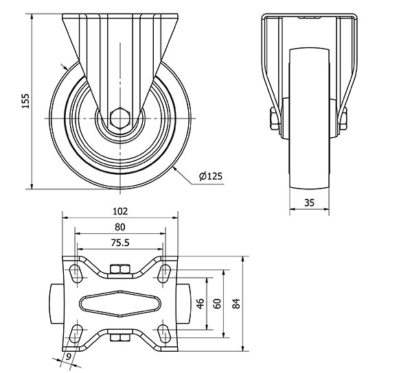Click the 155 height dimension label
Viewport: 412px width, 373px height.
25,101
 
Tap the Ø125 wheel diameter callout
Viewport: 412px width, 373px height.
211,176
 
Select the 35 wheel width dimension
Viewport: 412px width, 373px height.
309,202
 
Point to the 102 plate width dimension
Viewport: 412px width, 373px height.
120,211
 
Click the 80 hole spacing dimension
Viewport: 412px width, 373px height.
119,227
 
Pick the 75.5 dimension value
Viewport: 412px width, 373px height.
120,243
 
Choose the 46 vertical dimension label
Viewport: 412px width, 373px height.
201,304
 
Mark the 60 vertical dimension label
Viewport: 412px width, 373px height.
217,304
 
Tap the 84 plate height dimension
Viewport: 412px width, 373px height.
236,304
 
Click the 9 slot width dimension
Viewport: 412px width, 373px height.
69,357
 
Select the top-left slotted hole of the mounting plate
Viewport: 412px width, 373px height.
76,274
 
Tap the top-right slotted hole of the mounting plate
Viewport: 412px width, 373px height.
164,274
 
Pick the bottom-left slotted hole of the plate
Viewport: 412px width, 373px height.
76,333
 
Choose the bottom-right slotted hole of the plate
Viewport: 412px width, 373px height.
164,333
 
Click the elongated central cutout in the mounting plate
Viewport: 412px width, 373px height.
120,304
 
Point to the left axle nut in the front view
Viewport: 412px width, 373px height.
275,119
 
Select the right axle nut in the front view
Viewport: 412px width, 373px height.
343,119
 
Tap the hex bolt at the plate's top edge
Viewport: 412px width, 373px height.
120,269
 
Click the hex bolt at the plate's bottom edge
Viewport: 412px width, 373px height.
120,337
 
